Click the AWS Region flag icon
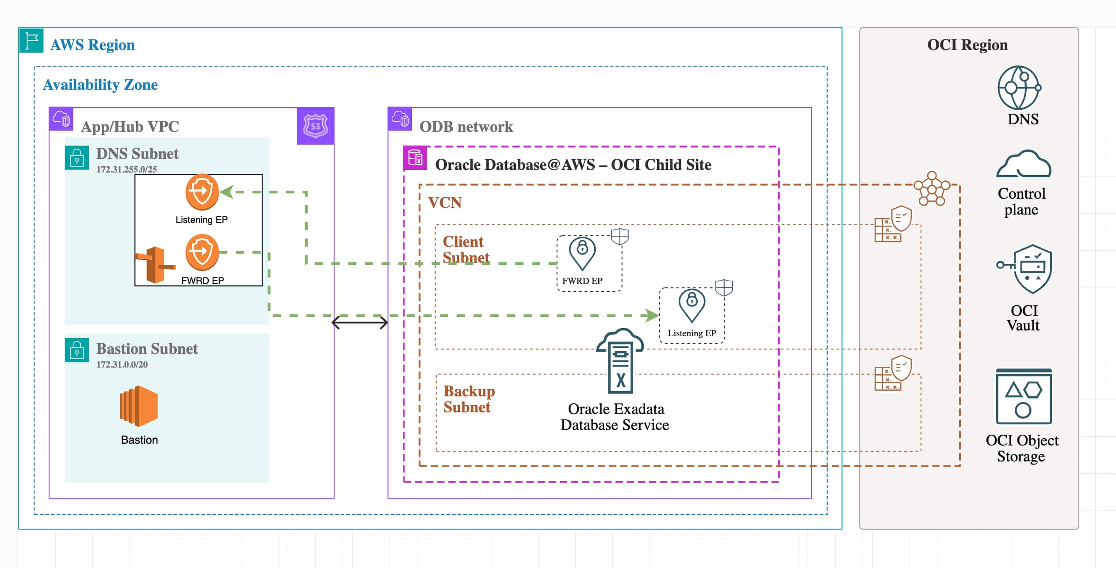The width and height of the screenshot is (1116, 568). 31,41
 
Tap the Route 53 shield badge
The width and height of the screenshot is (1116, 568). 315,126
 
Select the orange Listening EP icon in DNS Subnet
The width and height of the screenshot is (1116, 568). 202,192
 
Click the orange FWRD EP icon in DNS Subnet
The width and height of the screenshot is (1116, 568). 202,252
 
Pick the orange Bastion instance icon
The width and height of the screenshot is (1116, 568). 139,406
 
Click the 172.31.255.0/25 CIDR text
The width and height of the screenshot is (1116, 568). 126,169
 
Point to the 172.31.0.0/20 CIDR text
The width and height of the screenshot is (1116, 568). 122,365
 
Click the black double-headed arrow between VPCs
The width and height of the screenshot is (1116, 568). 359,322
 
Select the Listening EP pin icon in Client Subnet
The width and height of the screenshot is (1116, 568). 692,306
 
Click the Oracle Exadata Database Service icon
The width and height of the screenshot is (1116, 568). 620,361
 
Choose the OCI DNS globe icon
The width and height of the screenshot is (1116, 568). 1019,88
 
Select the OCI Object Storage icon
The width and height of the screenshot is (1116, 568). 1024,396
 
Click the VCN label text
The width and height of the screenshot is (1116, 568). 445,203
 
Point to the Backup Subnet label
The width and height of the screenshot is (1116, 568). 469,399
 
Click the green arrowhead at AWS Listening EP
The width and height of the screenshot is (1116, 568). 226,192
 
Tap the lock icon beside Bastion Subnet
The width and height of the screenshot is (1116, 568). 77,350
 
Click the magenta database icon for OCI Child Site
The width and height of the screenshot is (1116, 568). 415,158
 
